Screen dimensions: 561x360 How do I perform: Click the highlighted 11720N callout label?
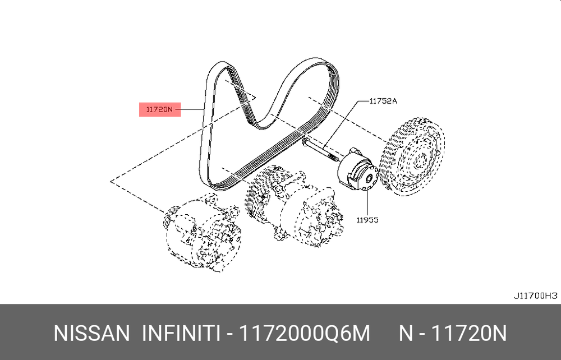(x=159, y=109)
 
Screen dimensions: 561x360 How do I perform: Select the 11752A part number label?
(x=383, y=101)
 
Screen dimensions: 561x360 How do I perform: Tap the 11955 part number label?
(x=367, y=220)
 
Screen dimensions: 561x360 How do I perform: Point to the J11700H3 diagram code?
(x=535, y=296)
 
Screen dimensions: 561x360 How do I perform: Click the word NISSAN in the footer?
(x=91, y=334)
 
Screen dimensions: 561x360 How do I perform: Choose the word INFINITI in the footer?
(x=181, y=334)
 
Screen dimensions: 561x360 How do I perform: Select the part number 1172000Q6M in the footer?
(x=304, y=334)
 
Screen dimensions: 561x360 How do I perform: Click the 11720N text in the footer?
(x=469, y=334)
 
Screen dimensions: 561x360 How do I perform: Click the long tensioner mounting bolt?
(x=320, y=150)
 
